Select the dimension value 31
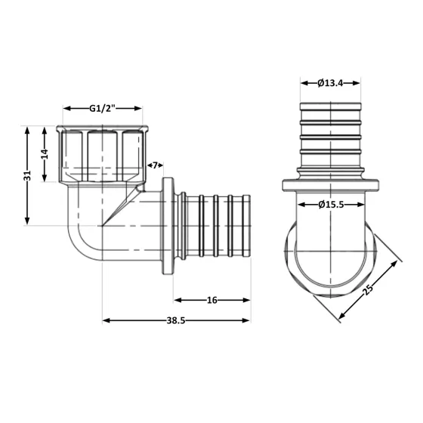(x=28, y=175)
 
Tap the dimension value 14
(x=45, y=153)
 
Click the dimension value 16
(x=211, y=300)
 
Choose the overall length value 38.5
(x=175, y=320)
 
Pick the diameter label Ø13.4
(x=331, y=83)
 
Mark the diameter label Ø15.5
(x=331, y=204)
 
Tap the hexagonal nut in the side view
(x=103, y=153)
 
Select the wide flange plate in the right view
(x=330, y=185)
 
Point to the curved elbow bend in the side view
(x=79, y=242)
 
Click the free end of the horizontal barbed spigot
(x=247, y=225)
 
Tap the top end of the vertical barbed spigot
(x=330, y=105)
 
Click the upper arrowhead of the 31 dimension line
(x=28, y=130)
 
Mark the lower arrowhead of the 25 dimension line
(x=341, y=320)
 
